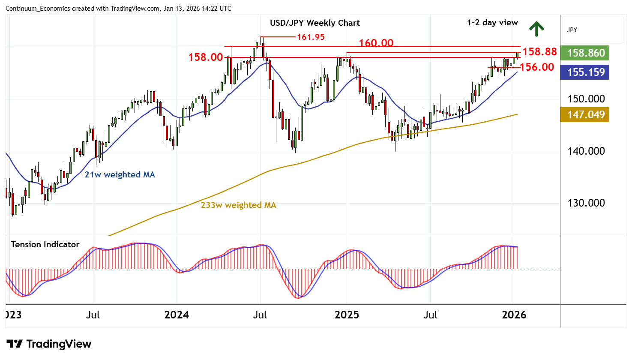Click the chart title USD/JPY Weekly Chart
315,23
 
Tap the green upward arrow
536,29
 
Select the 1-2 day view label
492,23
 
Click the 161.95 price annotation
311,37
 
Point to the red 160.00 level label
376,43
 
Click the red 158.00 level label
206,57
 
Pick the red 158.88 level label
539,52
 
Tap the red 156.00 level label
537,67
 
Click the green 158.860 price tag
585,53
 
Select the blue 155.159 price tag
585,72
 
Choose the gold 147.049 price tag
585,114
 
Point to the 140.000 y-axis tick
586,151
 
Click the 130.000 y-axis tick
586,203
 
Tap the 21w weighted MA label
120,174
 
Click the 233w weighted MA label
238,205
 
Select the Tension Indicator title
45,244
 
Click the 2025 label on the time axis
347,315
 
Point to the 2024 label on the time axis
177,315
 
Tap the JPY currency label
572,30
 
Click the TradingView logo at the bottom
49,344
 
